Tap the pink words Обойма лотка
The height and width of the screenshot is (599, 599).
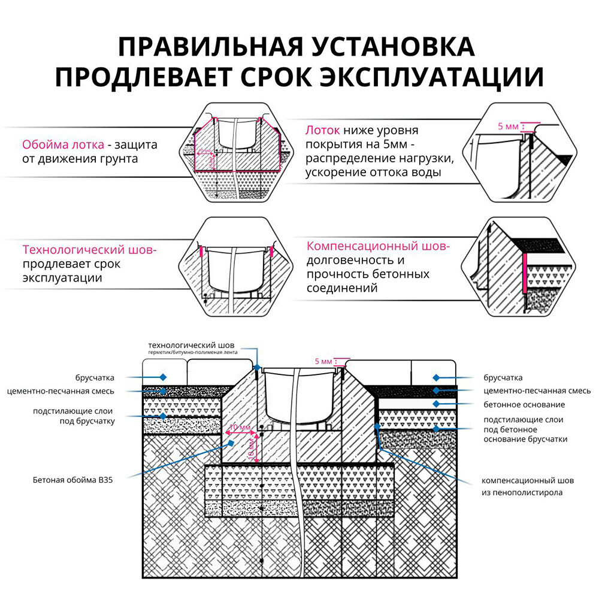pyautogui.click(x=62, y=144)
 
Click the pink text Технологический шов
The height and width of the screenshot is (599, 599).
pyautogui.click(x=89, y=249)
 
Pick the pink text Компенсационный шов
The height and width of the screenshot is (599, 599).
pyautogui.click(x=377, y=246)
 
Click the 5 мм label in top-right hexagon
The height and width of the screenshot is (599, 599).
pyautogui.click(x=507, y=127)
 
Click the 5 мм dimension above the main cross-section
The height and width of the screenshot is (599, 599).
pyautogui.click(x=323, y=362)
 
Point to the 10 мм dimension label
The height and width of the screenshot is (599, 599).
pyautogui.click(x=240, y=427)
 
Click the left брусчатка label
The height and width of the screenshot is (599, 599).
pyautogui.click(x=95, y=377)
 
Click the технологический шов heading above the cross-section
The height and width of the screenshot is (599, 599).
pyautogui.click(x=192, y=346)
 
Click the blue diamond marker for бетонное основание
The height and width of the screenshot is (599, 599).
pyautogui.click(x=435, y=404)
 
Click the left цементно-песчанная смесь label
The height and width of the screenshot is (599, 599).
pyautogui.click(x=69, y=391)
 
